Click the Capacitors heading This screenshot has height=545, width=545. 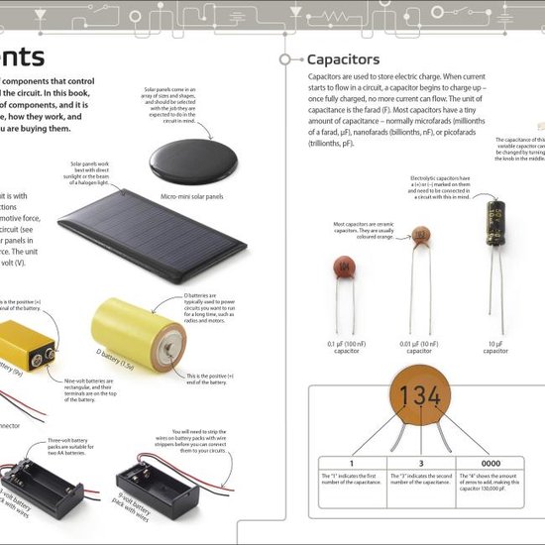tap(343, 60)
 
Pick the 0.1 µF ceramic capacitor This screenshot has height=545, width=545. tap(345, 267)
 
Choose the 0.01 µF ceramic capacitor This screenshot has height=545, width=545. tap(420, 237)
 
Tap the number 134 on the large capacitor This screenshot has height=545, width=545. tap(419, 397)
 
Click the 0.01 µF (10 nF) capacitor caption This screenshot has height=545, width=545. tap(419, 348)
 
